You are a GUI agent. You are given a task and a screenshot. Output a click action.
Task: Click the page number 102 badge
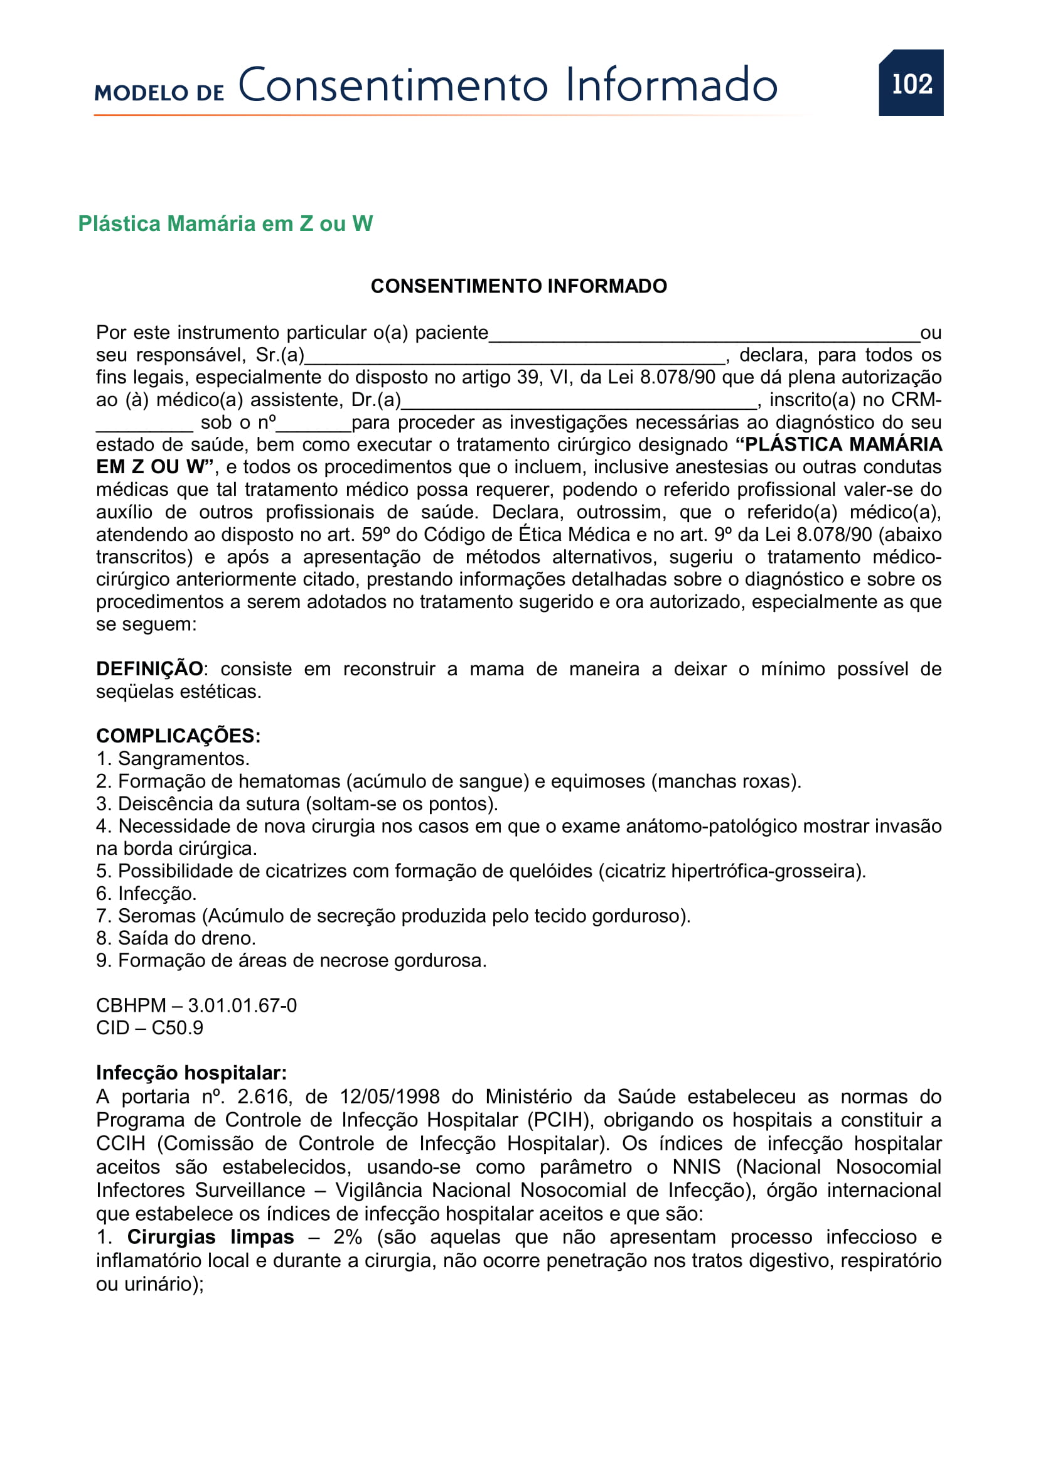point(911,83)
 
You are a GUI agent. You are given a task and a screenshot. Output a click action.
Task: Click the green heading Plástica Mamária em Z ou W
point(225,224)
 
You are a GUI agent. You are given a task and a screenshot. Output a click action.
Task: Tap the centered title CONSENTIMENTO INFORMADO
point(518,286)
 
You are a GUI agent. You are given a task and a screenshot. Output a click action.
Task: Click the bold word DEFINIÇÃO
point(149,669)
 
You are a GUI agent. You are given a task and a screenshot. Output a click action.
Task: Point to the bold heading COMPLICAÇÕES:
point(178,736)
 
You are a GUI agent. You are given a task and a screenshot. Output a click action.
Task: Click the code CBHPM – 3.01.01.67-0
point(196,1005)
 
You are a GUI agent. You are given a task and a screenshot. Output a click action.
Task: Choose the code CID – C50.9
point(149,1027)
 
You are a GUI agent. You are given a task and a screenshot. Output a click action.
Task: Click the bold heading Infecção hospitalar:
point(191,1073)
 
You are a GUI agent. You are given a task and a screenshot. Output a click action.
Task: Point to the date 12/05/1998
point(389,1096)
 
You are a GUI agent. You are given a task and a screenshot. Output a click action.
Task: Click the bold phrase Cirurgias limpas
point(210,1237)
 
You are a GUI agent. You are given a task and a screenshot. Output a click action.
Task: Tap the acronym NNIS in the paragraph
point(696,1167)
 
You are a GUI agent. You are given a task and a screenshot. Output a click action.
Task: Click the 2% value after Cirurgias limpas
point(348,1237)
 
